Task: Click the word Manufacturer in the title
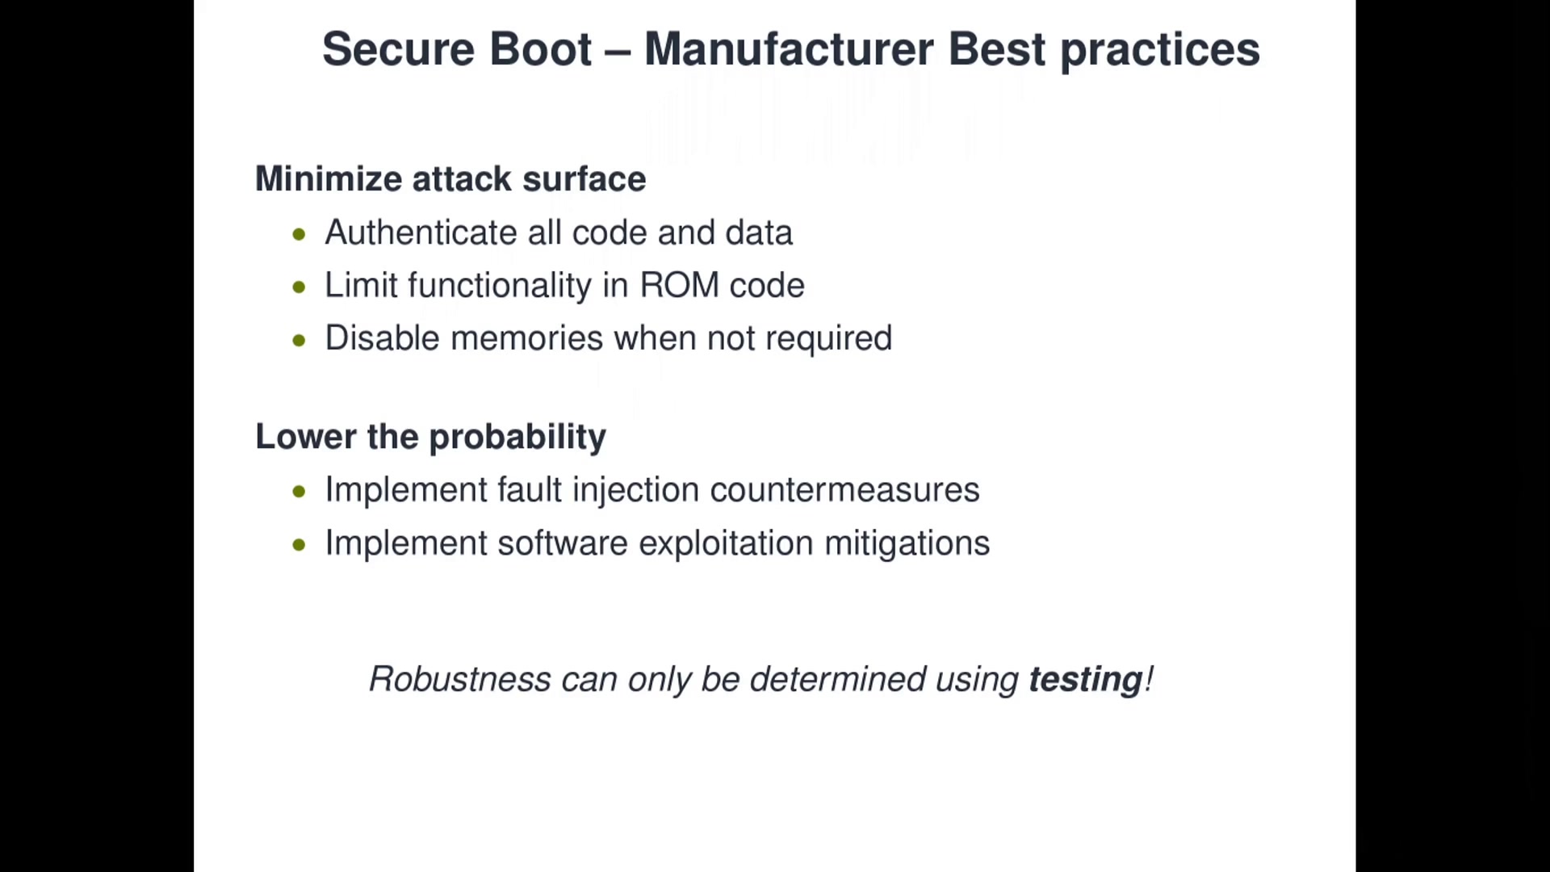click(789, 49)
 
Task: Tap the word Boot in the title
click(541, 49)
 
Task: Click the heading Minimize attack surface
click(450, 179)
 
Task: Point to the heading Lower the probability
click(430, 437)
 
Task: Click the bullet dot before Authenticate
click(300, 235)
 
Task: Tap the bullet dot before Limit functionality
click(300, 287)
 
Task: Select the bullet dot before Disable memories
click(300, 341)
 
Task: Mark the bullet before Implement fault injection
click(300, 492)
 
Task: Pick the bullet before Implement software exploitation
click(300, 545)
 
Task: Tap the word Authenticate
click(421, 233)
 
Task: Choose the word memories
click(526, 338)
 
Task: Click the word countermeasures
click(844, 490)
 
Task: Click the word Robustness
click(460, 679)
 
